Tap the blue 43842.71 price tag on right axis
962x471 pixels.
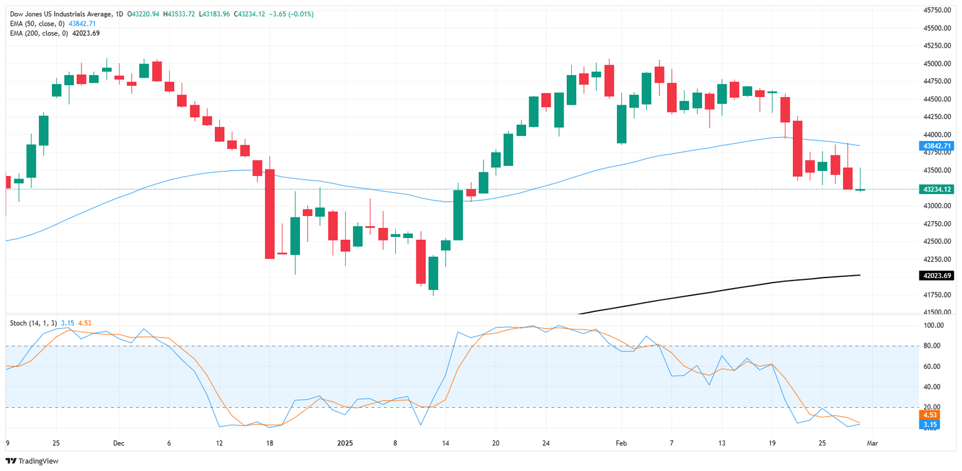[x=936, y=146]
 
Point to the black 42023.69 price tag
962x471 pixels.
[x=936, y=275]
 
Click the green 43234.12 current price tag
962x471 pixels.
[x=936, y=189]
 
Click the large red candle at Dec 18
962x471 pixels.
[x=269, y=214]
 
